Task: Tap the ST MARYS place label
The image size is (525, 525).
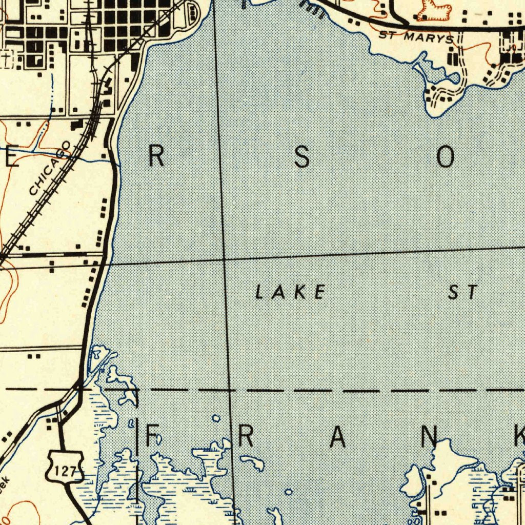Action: pyautogui.click(x=416, y=37)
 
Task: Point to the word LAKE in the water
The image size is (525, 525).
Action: pyautogui.click(x=290, y=292)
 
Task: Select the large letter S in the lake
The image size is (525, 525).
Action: pyautogui.click(x=302, y=157)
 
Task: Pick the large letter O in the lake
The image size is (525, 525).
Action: pyautogui.click(x=445, y=157)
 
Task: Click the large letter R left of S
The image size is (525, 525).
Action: pyautogui.click(x=156, y=156)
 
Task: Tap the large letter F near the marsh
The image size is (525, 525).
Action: pyautogui.click(x=152, y=436)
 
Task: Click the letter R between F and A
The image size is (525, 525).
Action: pyautogui.click(x=245, y=436)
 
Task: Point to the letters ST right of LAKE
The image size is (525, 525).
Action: pyautogui.click(x=463, y=292)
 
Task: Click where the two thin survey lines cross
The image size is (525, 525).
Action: pyautogui.click(x=224, y=259)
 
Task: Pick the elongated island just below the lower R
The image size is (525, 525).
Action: pyautogui.click(x=252, y=463)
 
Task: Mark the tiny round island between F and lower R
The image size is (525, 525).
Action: pyautogui.click(x=216, y=419)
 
